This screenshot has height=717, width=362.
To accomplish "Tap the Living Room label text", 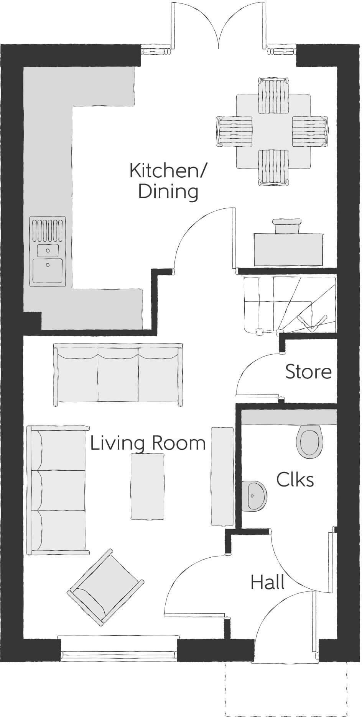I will pos(148,443).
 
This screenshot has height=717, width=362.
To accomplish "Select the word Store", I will pos(308,372).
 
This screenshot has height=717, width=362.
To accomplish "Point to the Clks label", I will pos(295,480).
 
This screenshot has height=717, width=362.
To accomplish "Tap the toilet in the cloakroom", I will pos(310,442).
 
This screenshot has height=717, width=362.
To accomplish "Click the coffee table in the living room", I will pos(148,486).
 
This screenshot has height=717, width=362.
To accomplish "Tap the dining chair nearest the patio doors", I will pos(273,95).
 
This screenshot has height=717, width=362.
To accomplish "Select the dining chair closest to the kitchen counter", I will pos(235,131).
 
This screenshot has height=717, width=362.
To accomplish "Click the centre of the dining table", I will pos(273,131).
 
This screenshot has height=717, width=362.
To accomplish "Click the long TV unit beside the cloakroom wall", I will pos(222,476).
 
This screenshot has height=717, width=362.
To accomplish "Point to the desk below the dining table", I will pos(288,249).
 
